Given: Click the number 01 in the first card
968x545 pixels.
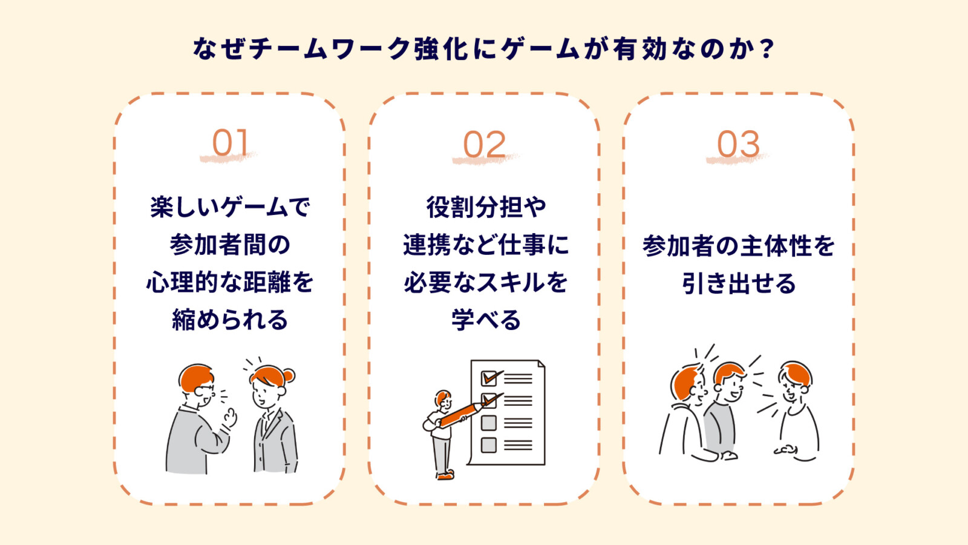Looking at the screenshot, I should tap(230, 144).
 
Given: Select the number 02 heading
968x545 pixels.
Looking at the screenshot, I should tap(484, 145).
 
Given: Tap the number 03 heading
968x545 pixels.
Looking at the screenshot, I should tap(738, 145).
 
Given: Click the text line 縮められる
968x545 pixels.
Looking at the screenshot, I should tap(230, 320).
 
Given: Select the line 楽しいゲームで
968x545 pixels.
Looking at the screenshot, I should tap(230, 207).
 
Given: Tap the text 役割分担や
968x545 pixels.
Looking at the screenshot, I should tap(486, 207).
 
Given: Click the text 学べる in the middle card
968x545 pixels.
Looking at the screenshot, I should tap(486, 320).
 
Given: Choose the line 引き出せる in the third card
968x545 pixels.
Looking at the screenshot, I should tap(739, 283).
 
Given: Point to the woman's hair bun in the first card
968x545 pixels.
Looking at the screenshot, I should tap(289, 376).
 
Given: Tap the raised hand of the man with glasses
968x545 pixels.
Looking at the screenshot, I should tap(229, 417).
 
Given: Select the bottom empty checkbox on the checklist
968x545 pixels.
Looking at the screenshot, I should tap(489, 445).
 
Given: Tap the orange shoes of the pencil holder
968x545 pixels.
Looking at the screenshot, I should tap(445, 475).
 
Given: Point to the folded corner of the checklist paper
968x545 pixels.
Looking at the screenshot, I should tap(541, 364).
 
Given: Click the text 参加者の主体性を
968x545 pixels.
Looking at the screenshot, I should tap(739, 246).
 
